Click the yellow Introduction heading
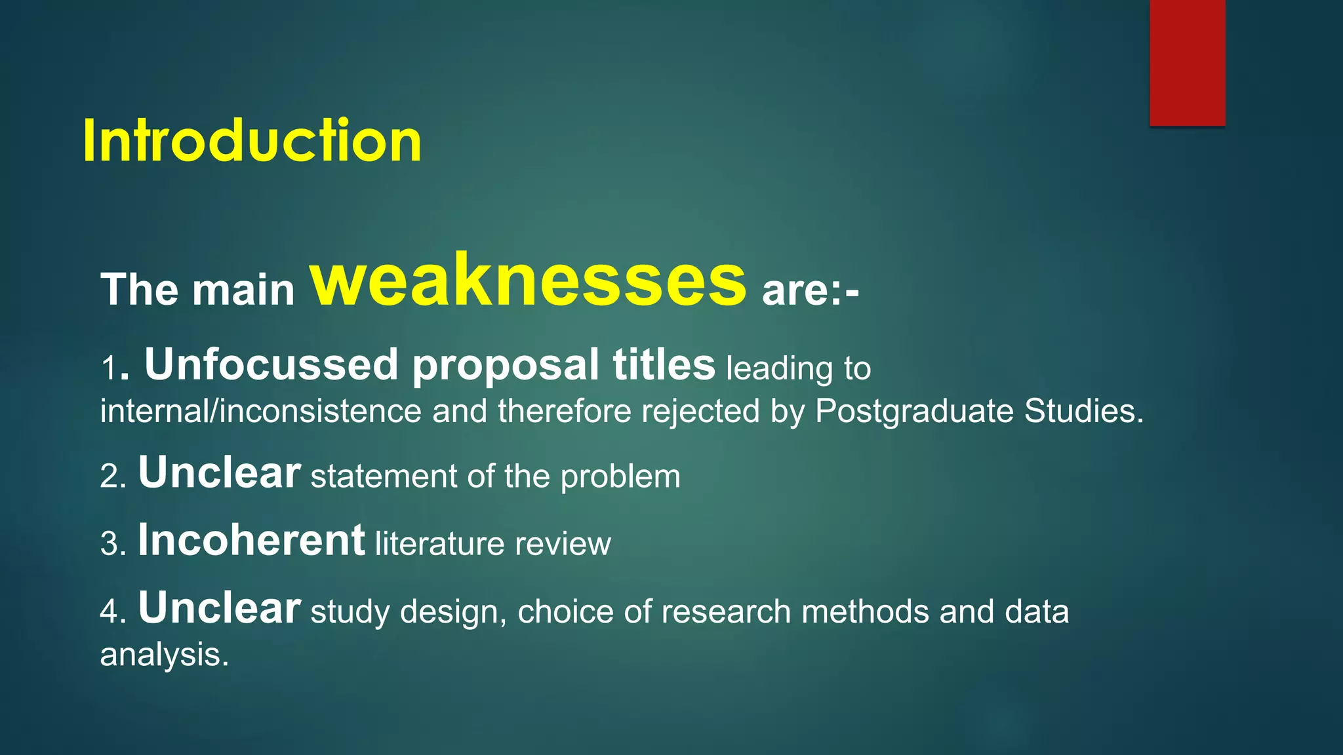[252, 141]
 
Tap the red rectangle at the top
[1187, 62]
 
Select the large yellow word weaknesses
[528, 281]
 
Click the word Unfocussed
[271, 364]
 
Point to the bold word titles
[664, 364]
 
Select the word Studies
[1083, 412]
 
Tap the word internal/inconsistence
[260, 412]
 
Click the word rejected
[700, 412]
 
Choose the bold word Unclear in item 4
[219, 608]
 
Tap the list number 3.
[110, 545]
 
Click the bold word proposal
[505, 364]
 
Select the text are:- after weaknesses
[810, 290]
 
